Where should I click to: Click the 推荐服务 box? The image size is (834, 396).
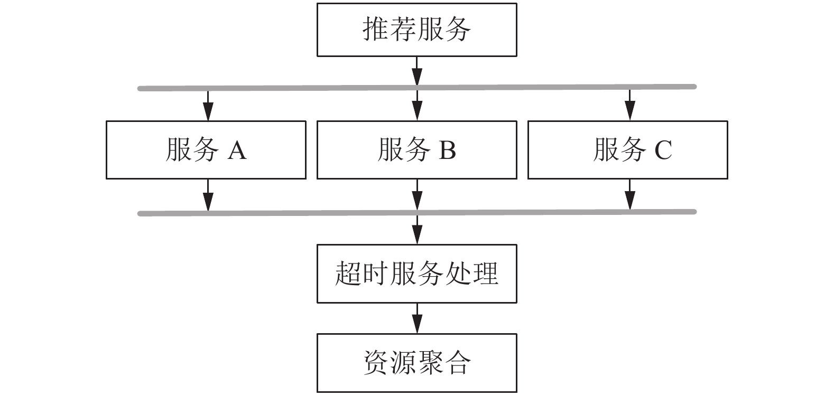416,30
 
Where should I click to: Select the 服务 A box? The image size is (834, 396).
206,150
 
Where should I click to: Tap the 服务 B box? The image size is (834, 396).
416,150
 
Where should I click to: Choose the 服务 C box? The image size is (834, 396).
628,150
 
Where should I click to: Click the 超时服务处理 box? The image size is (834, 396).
416,274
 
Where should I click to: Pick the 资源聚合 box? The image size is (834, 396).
416,363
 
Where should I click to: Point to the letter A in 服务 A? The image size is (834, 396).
237,150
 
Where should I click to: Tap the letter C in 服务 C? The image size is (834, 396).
663,150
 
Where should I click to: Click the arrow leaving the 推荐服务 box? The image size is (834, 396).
417,71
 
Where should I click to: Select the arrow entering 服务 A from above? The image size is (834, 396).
208,106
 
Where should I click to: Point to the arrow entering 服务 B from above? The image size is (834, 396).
417,105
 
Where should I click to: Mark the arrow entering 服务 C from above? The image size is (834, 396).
629,105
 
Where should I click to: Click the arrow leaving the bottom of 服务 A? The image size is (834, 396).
208,195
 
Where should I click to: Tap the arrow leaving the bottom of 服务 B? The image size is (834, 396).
417,195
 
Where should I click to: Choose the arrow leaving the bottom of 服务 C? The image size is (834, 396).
629,194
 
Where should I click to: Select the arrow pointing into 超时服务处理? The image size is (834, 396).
417,230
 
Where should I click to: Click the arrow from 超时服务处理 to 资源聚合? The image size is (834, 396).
417,318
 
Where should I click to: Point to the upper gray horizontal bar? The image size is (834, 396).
417,88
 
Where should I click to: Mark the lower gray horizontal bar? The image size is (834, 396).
417,213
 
